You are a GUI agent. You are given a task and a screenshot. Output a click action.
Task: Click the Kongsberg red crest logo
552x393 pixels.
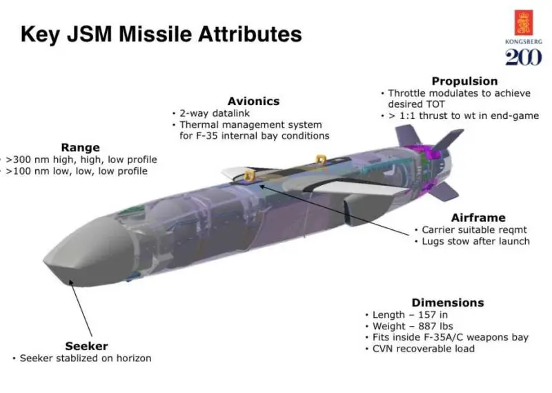click(x=524, y=23)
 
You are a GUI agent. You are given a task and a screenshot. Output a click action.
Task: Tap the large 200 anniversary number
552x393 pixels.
click(x=524, y=57)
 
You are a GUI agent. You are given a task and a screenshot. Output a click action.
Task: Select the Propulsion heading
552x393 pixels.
click(x=464, y=81)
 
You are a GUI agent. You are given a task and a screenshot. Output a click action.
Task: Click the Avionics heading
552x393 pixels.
click(x=253, y=101)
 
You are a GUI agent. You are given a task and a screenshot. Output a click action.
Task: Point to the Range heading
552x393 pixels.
click(x=80, y=147)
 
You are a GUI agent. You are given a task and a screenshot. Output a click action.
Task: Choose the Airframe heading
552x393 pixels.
click(x=478, y=218)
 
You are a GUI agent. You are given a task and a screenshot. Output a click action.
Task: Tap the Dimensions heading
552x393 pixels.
click(x=448, y=303)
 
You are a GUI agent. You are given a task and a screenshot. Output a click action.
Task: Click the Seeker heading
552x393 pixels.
click(x=87, y=346)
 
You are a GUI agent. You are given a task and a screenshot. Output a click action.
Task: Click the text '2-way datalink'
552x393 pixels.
click(x=215, y=113)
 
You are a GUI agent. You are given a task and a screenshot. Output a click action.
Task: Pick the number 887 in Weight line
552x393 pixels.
click(x=427, y=326)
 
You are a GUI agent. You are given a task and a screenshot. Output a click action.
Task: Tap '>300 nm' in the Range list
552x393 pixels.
click(x=28, y=160)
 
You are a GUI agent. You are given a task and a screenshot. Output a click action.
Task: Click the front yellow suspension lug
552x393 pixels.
click(x=249, y=175)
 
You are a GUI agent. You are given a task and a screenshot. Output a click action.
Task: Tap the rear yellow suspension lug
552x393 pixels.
click(x=320, y=160)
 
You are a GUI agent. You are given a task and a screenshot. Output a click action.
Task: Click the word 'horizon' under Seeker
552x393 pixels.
click(x=134, y=358)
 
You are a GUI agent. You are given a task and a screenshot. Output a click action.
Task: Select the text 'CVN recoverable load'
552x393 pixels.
click(x=424, y=349)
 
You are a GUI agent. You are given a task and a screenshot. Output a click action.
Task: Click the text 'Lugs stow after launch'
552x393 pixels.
click(x=476, y=241)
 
